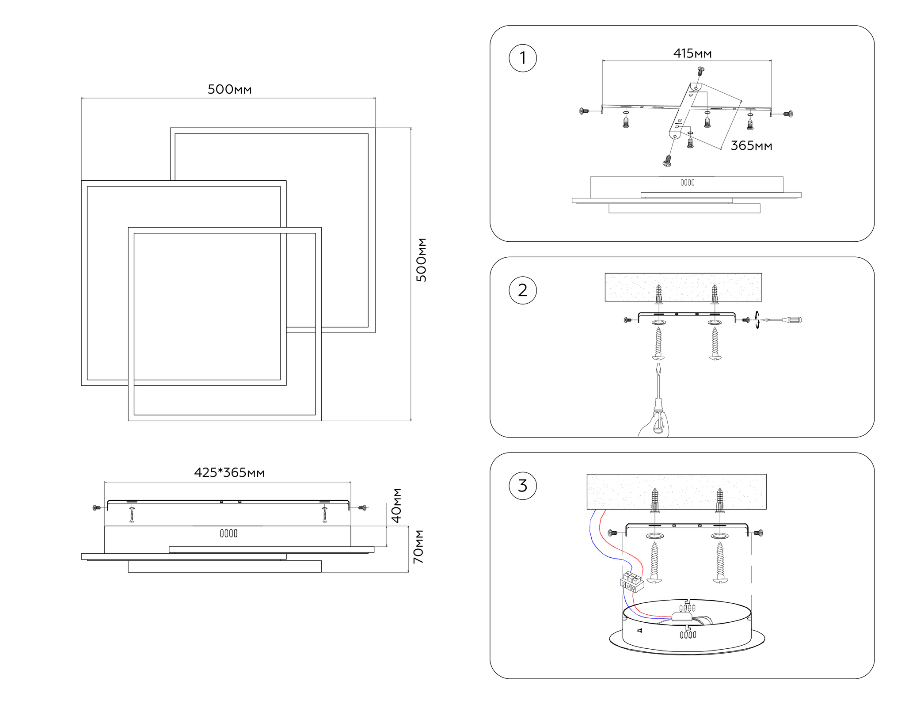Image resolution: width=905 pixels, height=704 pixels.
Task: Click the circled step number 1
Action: [523, 58]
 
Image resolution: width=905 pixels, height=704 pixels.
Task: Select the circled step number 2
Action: [523, 290]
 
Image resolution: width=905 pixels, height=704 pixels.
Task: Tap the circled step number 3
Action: [523, 486]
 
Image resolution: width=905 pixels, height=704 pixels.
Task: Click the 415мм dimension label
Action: [692, 53]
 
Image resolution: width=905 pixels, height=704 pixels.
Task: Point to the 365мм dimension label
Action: [751, 145]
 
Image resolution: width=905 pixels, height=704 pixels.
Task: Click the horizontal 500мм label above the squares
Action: [229, 89]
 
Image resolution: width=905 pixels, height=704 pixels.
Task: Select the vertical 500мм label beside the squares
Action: [422, 260]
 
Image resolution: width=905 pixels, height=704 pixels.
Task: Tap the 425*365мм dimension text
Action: [229, 472]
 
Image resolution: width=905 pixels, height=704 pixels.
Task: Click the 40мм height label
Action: [397, 506]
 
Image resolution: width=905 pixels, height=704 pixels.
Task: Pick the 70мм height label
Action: [418, 547]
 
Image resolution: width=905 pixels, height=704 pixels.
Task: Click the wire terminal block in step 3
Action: [632, 582]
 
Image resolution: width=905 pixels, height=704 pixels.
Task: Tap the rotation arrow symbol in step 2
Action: [757, 320]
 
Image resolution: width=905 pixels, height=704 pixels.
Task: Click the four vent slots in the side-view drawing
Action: [228, 533]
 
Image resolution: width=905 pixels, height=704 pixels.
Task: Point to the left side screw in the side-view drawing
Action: [96, 508]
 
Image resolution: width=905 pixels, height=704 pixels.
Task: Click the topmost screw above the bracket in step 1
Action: [700, 71]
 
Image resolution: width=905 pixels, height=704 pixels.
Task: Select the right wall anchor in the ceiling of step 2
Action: [715, 293]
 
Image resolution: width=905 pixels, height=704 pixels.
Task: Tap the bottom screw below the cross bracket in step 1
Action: [667, 161]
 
